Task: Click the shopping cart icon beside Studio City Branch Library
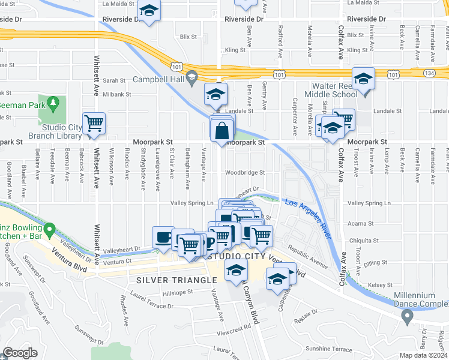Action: (x=94, y=123)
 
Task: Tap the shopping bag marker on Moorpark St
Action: (x=222, y=129)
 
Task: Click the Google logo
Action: (x=20, y=353)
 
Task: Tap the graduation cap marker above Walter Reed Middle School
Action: (x=363, y=79)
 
